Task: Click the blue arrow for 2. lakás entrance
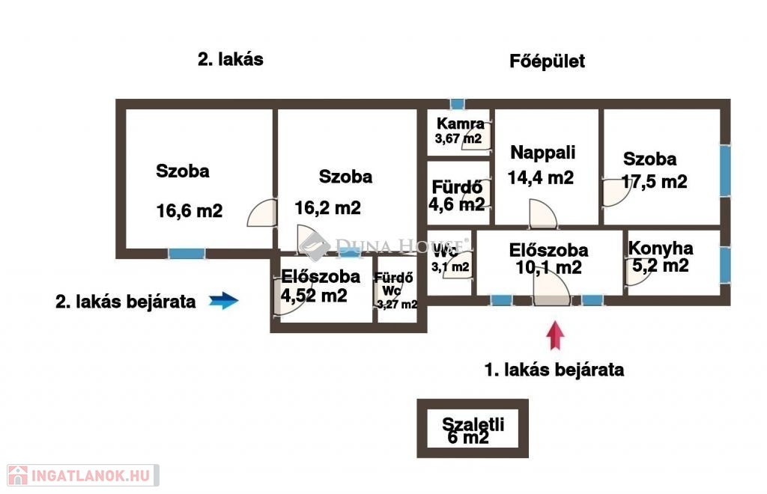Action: tap(223, 300)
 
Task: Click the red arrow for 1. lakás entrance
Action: tap(555, 335)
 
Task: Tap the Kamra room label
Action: tap(461, 124)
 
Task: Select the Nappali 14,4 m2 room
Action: tap(547, 167)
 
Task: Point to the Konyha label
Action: tap(661, 248)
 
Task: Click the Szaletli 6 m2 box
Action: tap(473, 429)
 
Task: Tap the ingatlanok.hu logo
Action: tap(82, 475)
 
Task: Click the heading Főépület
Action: tap(547, 61)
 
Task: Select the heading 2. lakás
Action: tap(231, 59)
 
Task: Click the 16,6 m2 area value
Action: tap(190, 210)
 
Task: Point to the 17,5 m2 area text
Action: tap(655, 182)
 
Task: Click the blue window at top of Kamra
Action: tap(458, 104)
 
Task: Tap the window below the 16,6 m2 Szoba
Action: tap(187, 254)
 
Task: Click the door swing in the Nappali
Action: tap(543, 214)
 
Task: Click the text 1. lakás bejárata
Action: tap(554, 370)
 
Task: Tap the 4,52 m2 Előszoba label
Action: tap(321, 286)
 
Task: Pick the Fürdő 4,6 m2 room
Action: tap(458, 193)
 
